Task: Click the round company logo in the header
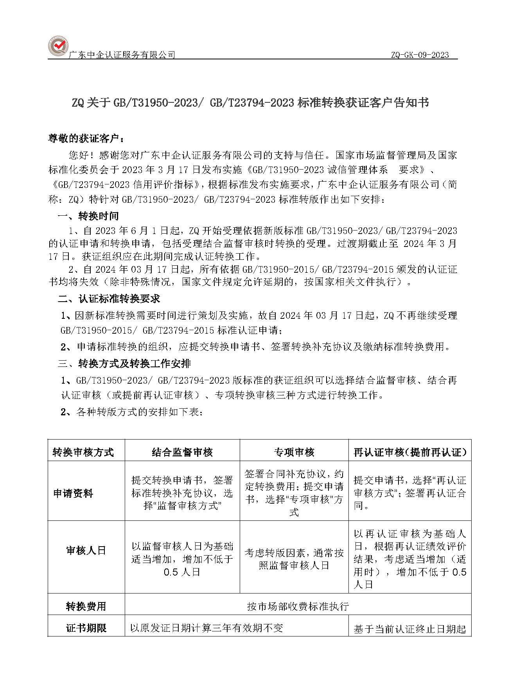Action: click(x=58, y=46)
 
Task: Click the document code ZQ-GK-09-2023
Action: click(x=420, y=55)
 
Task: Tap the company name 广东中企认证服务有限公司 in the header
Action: click(x=122, y=55)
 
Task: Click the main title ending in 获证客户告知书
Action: click(x=250, y=103)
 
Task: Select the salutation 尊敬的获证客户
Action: click(x=86, y=138)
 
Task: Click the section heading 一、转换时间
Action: click(x=88, y=216)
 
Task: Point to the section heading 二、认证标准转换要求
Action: click(x=109, y=299)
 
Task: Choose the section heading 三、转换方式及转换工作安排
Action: click(x=124, y=364)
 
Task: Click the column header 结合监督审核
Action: click(x=182, y=452)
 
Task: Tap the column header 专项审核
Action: click(x=294, y=452)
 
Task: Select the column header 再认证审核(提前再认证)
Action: click(x=410, y=452)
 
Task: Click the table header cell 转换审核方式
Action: click(x=83, y=452)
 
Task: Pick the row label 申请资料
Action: click(x=73, y=493)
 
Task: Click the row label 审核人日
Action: click(x=86, y=551)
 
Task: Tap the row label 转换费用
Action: click(x=86, y=606)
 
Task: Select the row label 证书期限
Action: click(x=86, y=628)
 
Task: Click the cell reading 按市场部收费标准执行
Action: click(x=298, y=606)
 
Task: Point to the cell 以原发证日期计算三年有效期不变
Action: click(x=206, y=628)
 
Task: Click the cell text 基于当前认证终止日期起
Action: click(x=409, y=629)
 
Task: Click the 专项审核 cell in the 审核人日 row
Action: click(x=294, y=559)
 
